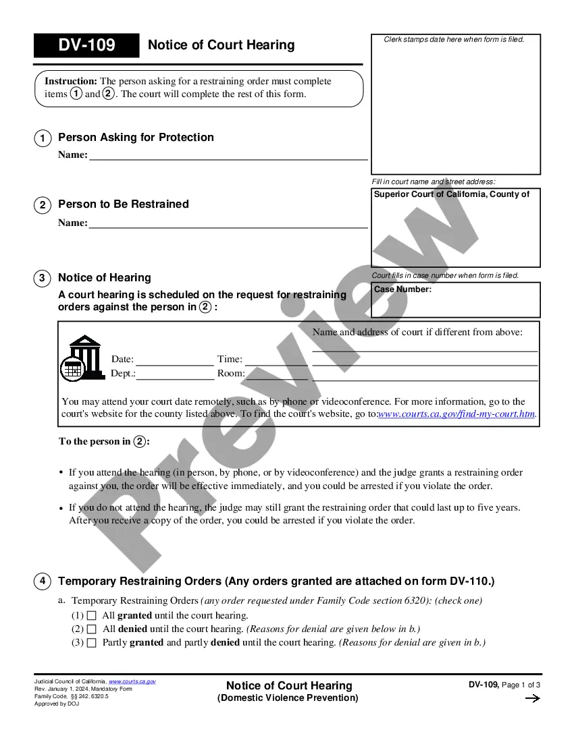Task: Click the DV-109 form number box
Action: pos(86,45)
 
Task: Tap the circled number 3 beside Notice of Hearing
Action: pos(42,278)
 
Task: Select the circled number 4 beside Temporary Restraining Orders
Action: pos(42,581)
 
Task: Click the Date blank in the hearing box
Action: pos(174,359)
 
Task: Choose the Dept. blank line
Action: pos(175,373)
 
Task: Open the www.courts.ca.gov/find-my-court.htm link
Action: pos(457,414)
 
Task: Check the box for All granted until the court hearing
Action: pos(92,616)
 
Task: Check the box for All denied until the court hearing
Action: pos(92,629)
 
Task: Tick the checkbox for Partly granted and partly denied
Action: pos(92,643)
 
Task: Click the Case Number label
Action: pos(402,289)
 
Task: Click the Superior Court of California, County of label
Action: pos(451,194)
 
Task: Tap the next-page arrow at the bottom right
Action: pos(532,699)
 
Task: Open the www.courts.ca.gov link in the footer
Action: pos(132,681)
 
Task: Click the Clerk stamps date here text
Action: pos(454,39)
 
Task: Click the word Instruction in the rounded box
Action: pos(70,81)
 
